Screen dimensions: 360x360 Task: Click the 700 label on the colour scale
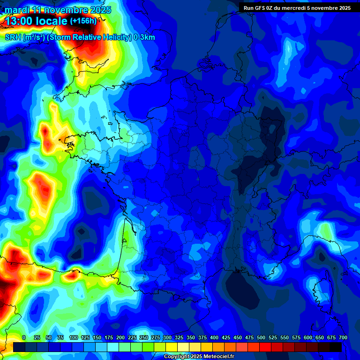pyautogui.click(x=343, y=337)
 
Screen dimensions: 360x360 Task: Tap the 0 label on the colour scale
pyautogui.click(x=24, y=337)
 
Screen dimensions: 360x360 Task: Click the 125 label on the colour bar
pyautogui.click(x=85, y=337)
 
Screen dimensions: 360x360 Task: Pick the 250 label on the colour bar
pyautogui.click(x=144, y=337)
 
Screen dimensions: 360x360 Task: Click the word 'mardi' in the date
pyautogui.click(x=15, y=10)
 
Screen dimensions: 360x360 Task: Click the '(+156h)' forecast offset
pyautogui.click(x=83, y=21)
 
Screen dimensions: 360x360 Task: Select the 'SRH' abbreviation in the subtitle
pyautogui.click(x=13, y=37)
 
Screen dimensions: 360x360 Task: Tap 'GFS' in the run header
pyautogui.click(x=258, y=8)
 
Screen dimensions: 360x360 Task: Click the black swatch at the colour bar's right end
pyautogui.click(x=336, y=347)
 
